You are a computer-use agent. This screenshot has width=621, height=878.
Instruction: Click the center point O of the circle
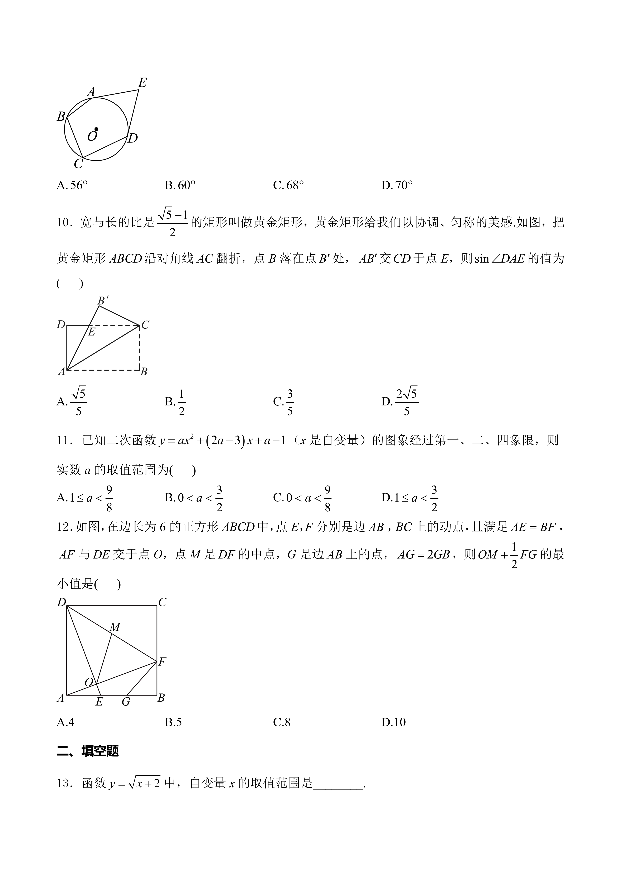point(96,129)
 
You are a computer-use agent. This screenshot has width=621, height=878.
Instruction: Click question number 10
point(64,223)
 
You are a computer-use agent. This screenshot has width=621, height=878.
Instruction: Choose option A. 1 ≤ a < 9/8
point(85,498)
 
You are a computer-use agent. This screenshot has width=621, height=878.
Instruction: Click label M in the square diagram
point(115,627)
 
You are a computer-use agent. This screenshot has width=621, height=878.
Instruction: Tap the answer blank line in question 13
point(338,784)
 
